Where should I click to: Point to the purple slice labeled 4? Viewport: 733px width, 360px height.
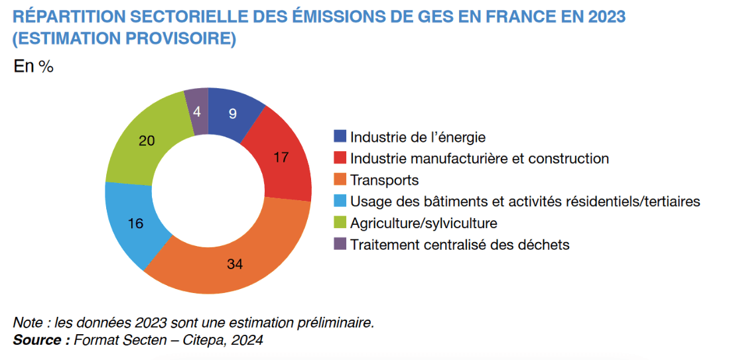(197, 111)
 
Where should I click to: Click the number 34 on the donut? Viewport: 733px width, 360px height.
(234, 265)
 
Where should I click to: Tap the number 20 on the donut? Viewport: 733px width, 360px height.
(147, 140)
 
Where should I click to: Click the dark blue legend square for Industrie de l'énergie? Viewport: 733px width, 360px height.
(340, 137)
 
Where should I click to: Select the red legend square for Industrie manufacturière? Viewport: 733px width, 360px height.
(340, 158)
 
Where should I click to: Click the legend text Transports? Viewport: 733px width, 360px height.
(385, 180)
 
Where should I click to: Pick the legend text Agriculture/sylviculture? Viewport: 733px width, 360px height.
(424, 223)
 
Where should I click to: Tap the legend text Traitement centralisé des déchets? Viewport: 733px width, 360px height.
(460, 244)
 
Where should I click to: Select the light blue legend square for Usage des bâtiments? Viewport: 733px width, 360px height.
(340, 201)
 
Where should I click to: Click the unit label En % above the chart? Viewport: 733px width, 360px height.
(34, 66)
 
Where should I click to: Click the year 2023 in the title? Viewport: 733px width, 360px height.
(606, 17)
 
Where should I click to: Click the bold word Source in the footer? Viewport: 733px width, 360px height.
(38, 340)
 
